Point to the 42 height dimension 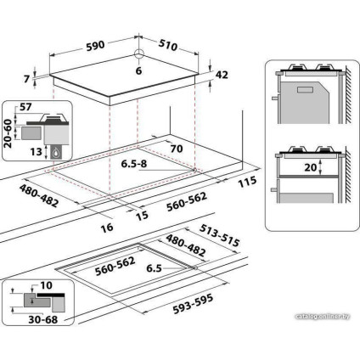(222, 76)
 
